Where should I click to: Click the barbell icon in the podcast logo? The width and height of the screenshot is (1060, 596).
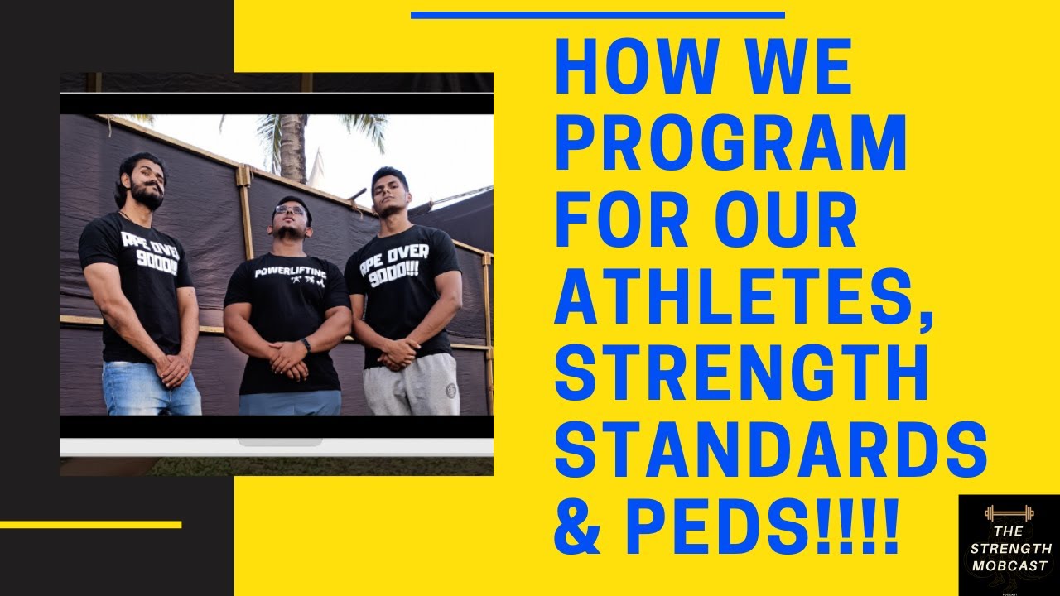[x=1009, y=512]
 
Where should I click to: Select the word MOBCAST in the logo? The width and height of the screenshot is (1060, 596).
[x=1009, y=565]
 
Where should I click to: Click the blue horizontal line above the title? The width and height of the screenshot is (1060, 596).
[x=597, y=15]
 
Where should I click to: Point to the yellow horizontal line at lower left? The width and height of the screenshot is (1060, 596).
[x=90, y=524]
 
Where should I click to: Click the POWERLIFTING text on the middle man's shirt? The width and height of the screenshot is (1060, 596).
[x=290, y=271]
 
